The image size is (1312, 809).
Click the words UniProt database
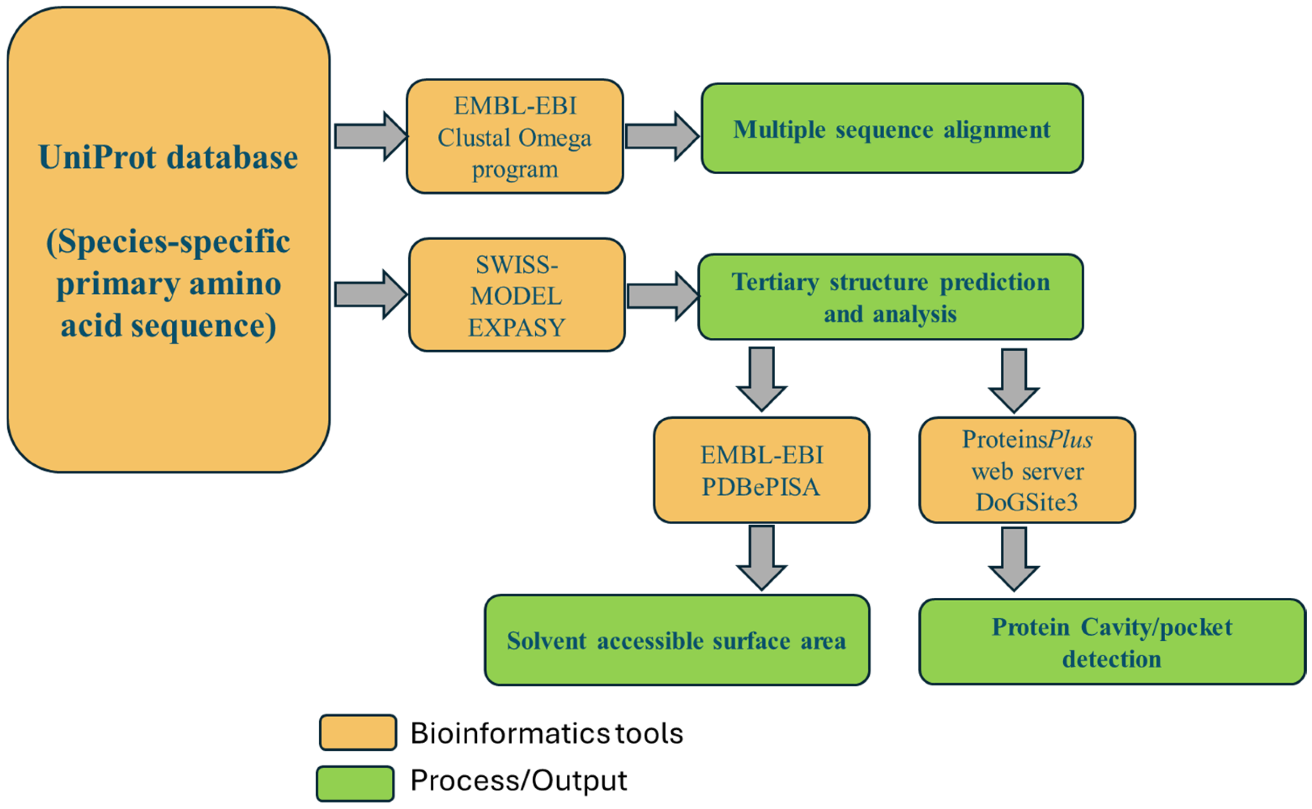pos(168,157)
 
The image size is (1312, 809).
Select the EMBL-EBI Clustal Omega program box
pos(515,137)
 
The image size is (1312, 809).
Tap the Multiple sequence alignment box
pos(892,129)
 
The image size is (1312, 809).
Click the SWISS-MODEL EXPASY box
pos(517,295)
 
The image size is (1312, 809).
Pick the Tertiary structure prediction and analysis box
pos(890,297)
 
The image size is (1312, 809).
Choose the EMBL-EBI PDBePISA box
pos(761,470)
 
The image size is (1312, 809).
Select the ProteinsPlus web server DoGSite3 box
pos(1027,470)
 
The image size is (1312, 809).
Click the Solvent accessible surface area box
pos(676,640)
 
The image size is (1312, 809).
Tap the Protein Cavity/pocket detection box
pos(1112,642)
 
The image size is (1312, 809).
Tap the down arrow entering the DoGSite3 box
pos(1013,380)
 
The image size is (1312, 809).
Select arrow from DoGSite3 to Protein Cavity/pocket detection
pos(1013,559)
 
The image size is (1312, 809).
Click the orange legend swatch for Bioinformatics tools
pos(358,732)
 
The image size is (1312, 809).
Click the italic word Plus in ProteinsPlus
pos(1070,439)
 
